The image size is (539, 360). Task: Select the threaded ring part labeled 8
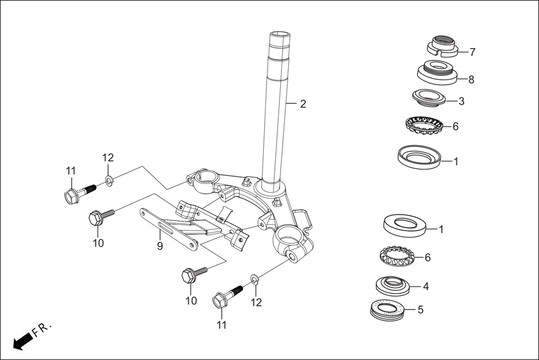click(x=438, y=73)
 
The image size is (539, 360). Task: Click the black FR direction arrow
click(x=23, y=340)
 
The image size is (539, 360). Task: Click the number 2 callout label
click(x=303, y=104)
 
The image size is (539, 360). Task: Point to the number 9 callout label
click(x=160, y=246)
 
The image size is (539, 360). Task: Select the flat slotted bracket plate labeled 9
click(x=168, y=228)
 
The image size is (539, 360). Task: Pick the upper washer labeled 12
click(x=109, y=180)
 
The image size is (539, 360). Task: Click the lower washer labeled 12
click(x=254, y=279)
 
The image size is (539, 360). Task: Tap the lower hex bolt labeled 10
click(x=193, y=274)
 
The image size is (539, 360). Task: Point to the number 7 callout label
click(x=472, y=52)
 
